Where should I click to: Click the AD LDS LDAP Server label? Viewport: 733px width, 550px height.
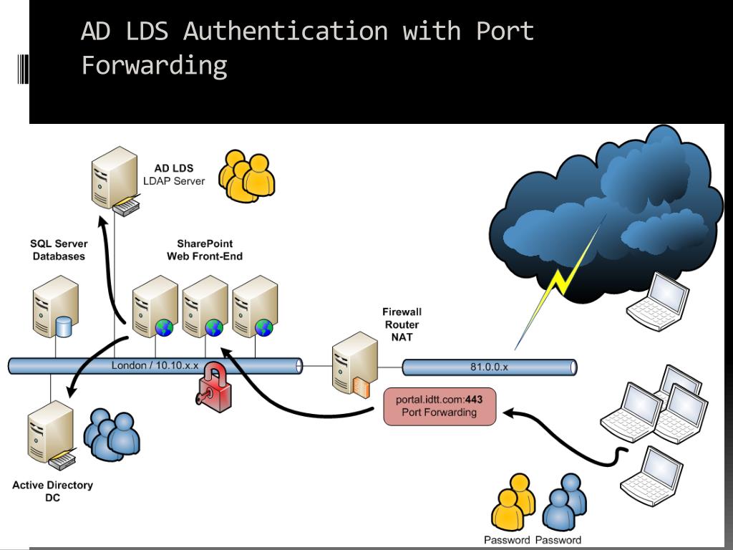click(x=174, y=175)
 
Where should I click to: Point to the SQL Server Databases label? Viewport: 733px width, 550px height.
click(x=59, y=250)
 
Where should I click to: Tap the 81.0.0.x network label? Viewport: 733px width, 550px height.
click(x=489, y=367)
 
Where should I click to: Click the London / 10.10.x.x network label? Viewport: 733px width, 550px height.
click(x=155, y=365)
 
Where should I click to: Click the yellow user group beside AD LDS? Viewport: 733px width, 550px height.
click(x=246, y=175)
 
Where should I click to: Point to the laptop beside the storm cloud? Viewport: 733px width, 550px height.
click(x=657, y=301)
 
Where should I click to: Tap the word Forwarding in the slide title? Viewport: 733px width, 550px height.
click(x=154, y=65)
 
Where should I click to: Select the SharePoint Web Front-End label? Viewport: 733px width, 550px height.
click(x=205, y=250)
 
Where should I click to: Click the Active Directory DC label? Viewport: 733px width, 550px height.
click(x=52, y=491)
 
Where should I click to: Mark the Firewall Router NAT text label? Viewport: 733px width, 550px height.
click(x=402, y=324)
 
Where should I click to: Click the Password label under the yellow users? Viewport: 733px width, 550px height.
click(x=507, y=540)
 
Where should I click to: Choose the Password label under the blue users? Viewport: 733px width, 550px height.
click(x=558, y=540)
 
